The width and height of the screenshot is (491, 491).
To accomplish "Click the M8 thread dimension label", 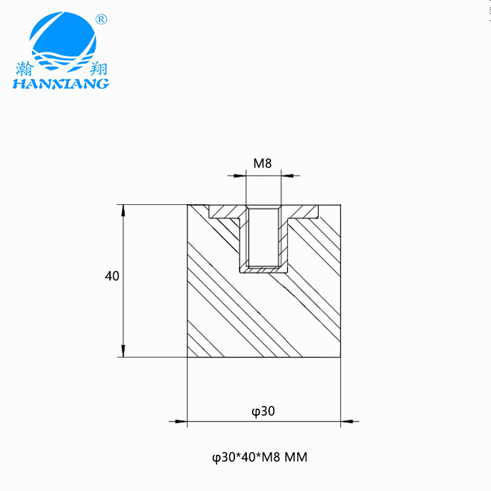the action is pyautogui.click(x=263, y=163).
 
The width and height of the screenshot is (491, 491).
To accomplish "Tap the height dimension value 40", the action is pyautogui.click(x=112, y=276).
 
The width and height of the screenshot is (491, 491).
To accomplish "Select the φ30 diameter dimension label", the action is pyautogui.click(x=263, y=411).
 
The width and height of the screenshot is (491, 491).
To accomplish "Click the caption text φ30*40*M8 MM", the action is pyautogui.click(x=260, y=457).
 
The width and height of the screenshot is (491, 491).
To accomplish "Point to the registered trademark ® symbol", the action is pyautogui.click(x=101, y=20).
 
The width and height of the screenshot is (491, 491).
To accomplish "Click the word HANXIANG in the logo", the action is pyautogui.click(x=61, y=84).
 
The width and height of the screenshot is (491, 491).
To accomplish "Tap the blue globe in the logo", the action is pyautogui.click(x=63, y=41).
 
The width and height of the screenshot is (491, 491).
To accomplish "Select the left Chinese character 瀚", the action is pyautogui.click(x=24, y=69).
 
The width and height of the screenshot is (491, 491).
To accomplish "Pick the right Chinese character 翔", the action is pyautogui.click(x=98, y=69).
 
